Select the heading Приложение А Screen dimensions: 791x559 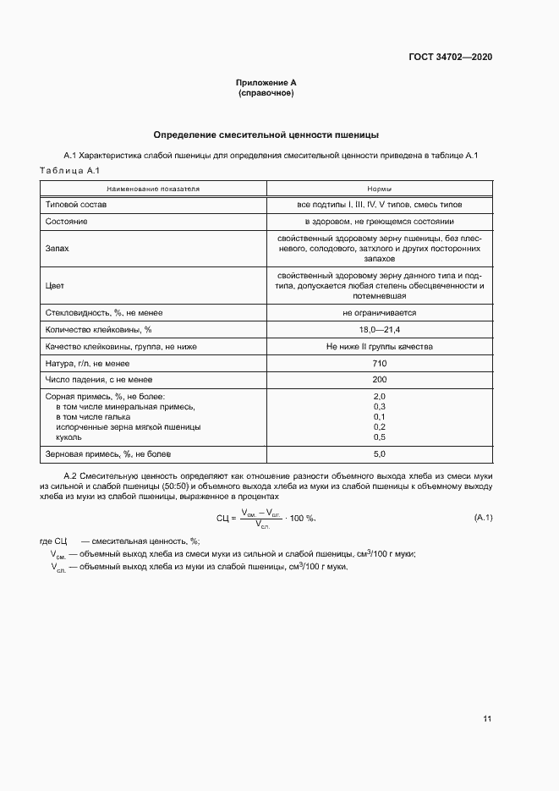point(266,82)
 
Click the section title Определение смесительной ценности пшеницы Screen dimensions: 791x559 point(266,135)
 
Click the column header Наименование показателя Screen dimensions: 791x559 point(153,190)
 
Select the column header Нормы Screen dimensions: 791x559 point(379,190)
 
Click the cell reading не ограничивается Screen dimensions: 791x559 point(379,313)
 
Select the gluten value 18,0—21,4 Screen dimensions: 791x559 point(379,330)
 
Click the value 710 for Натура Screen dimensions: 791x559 point(379,363)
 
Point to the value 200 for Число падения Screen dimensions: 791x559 point(379,380)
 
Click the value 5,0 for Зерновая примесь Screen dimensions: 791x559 point(379,454)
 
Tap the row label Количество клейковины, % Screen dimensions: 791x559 point(98,330)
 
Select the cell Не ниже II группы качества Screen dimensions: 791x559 point(379,347)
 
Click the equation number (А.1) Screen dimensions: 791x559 point(483,517)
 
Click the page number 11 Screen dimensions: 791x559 point(487,719)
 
